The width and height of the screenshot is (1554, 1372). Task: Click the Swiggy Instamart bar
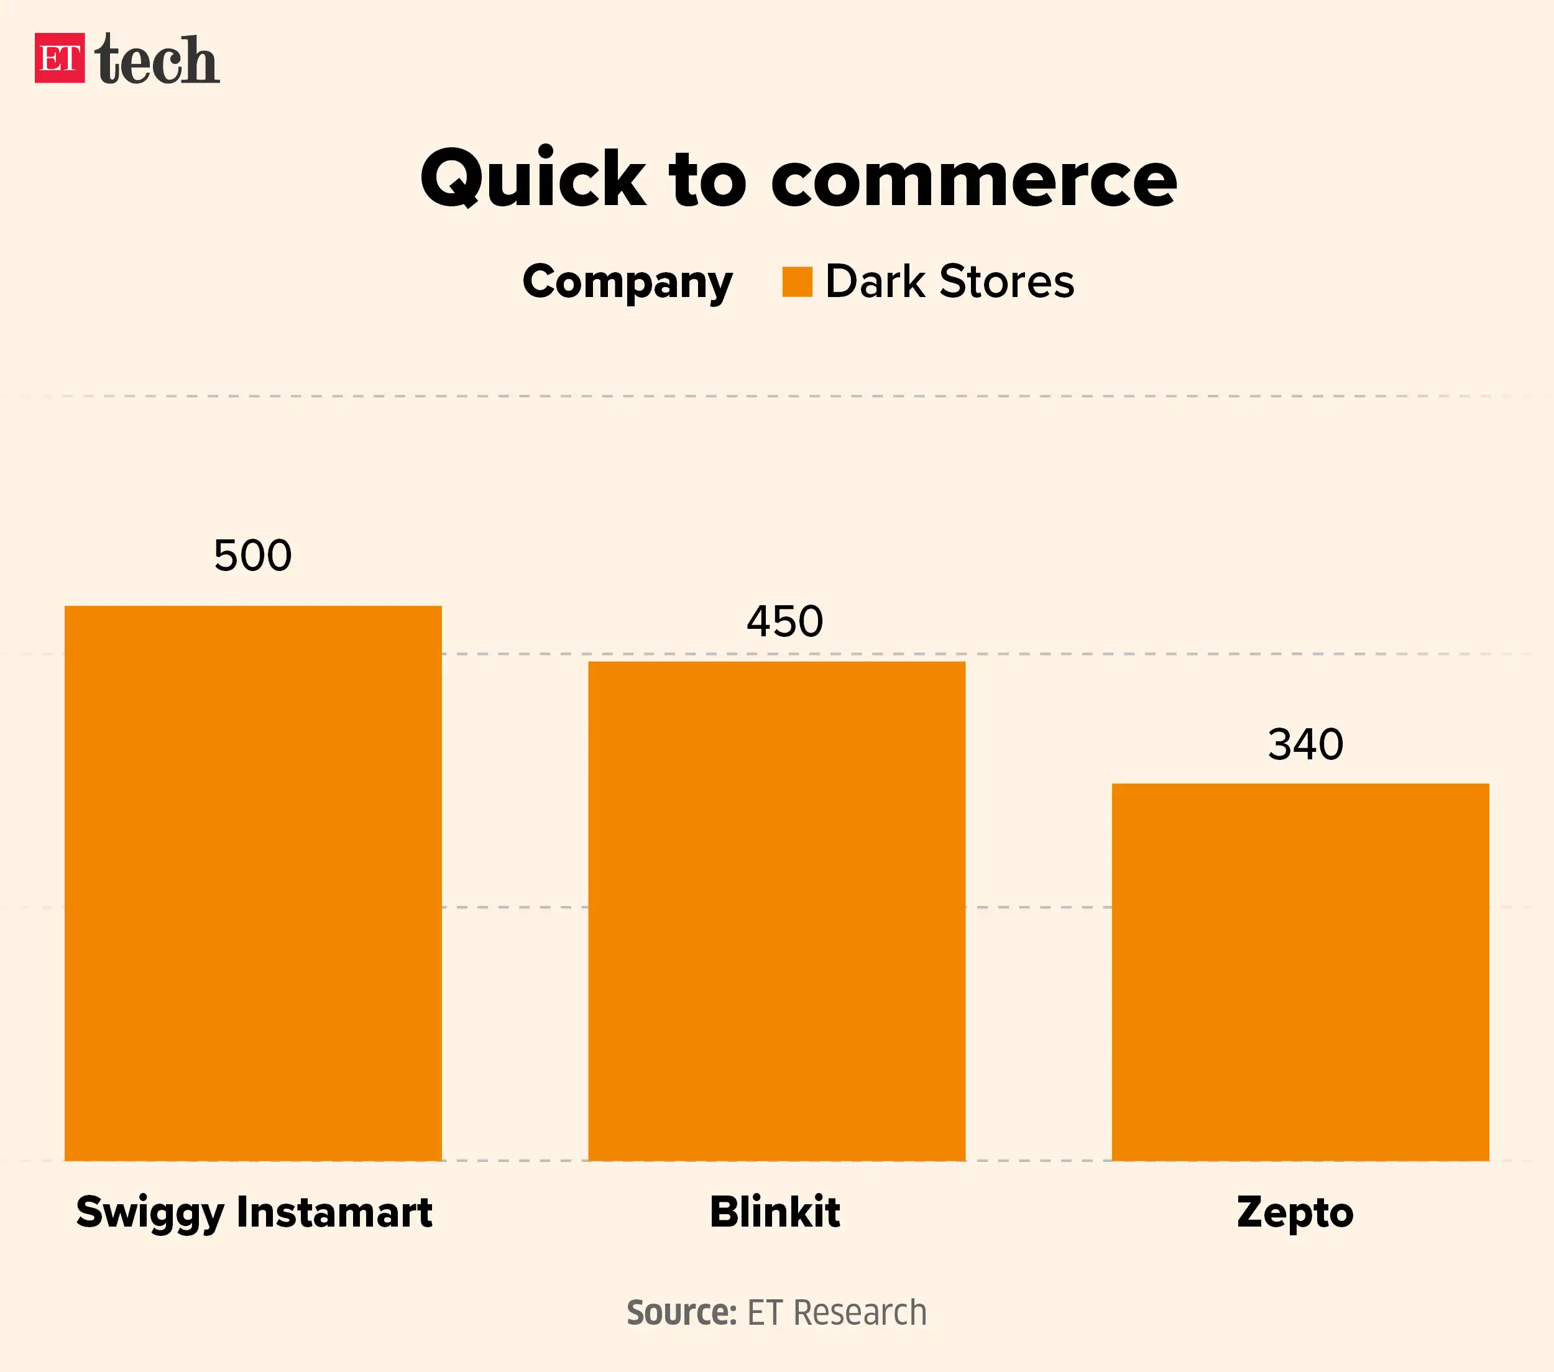252,882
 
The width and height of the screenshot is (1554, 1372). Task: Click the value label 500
252,556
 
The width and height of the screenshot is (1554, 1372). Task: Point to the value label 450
784,622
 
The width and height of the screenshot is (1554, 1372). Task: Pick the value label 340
1305,744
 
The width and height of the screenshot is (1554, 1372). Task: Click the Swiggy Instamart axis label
254,1212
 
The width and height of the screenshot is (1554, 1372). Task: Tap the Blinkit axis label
775,1212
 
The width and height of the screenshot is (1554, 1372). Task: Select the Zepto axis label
1295,1212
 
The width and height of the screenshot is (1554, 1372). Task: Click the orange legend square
797,282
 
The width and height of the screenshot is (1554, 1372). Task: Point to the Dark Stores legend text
950,282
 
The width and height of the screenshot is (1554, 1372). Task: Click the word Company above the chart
627,283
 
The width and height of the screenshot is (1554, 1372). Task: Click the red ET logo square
59,58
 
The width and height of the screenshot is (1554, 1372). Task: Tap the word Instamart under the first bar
334,1212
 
